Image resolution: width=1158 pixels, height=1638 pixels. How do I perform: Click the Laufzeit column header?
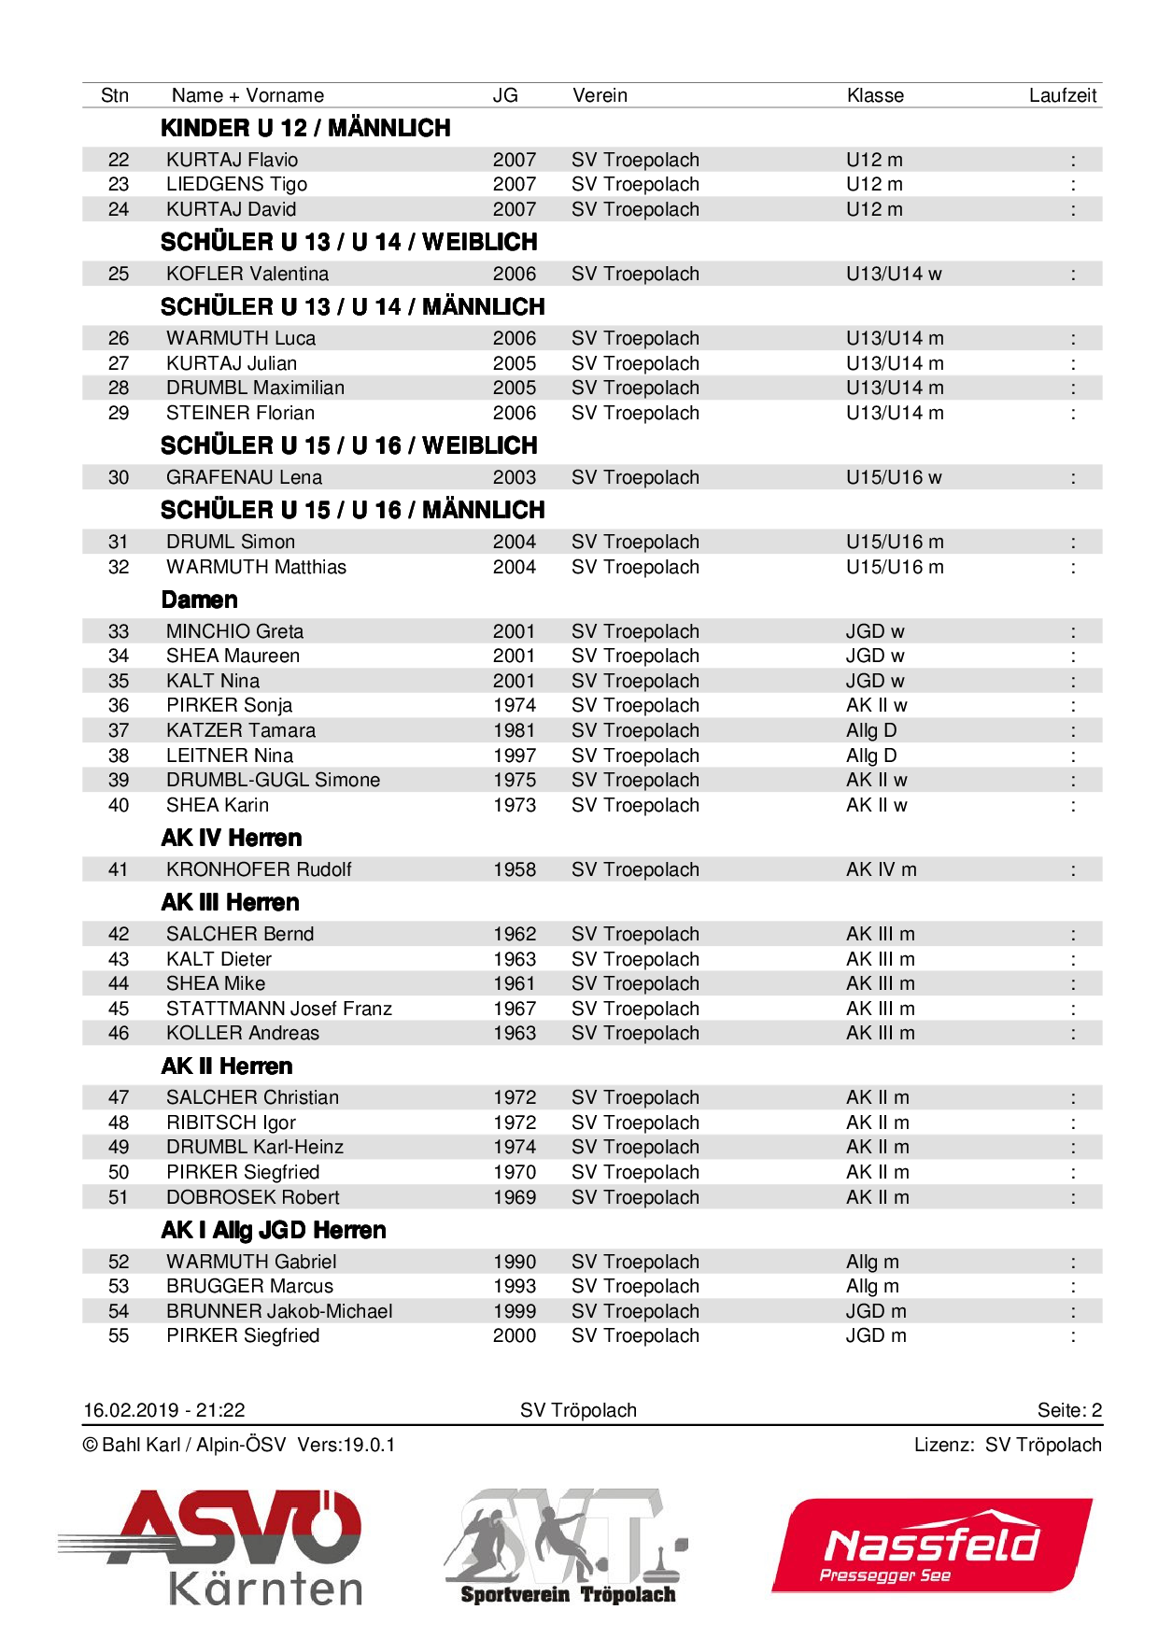(x=1062, y=95)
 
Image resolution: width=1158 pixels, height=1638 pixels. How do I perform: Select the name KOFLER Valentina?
(x=247, y=274)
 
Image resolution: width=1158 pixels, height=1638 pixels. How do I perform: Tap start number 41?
(x=119, y=869)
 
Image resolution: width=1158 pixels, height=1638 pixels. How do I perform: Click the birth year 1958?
(x=515, y=869)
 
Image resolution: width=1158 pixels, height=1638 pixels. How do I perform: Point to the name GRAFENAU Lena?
(x=244, y=477)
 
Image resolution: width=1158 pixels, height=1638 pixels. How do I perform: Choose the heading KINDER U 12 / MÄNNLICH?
(x=305, y=128)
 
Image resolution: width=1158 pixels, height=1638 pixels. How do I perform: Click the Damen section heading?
(x=199, y=600)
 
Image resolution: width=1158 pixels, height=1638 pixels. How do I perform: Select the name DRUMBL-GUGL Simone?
(x=273, y=780)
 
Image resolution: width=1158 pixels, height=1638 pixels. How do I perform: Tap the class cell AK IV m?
(x=881, y=869)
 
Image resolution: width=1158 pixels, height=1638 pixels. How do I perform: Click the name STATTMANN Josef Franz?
(x=278, y=1009)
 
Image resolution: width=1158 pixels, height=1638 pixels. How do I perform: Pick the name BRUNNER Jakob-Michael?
(x=279, y=1311)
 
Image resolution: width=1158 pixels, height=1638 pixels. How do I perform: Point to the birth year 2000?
(x=515, y=1335)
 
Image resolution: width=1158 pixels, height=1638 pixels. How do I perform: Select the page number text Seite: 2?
(x=1069, y=1410)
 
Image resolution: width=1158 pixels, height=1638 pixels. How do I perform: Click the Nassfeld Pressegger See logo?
(x=931, y=1546)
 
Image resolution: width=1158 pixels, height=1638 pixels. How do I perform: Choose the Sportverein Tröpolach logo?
(x=567, y=1546)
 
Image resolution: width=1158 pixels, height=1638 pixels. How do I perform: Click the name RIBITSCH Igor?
(x=231, y=1123)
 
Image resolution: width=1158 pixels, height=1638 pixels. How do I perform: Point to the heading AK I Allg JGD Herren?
(x=273, y=1230)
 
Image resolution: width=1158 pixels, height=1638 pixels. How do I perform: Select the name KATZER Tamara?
(x=240, y=730)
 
